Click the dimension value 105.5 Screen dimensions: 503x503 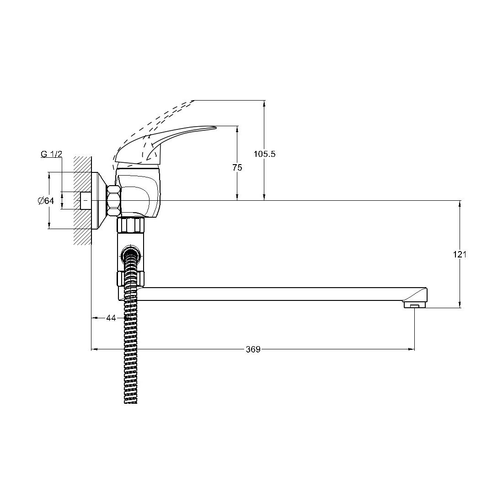[x=264, y=154]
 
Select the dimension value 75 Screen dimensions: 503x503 [x=237, y=167]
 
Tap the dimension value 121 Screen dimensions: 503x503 [x=460, y=255]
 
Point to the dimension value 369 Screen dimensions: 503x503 [x=253, y=349]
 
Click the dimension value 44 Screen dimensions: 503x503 [x=111, y=318]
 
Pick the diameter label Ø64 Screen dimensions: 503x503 [x=46, y=201]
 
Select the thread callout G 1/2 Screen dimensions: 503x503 [x=51, y=154]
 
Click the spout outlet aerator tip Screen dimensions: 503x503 [x=414, y=305]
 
